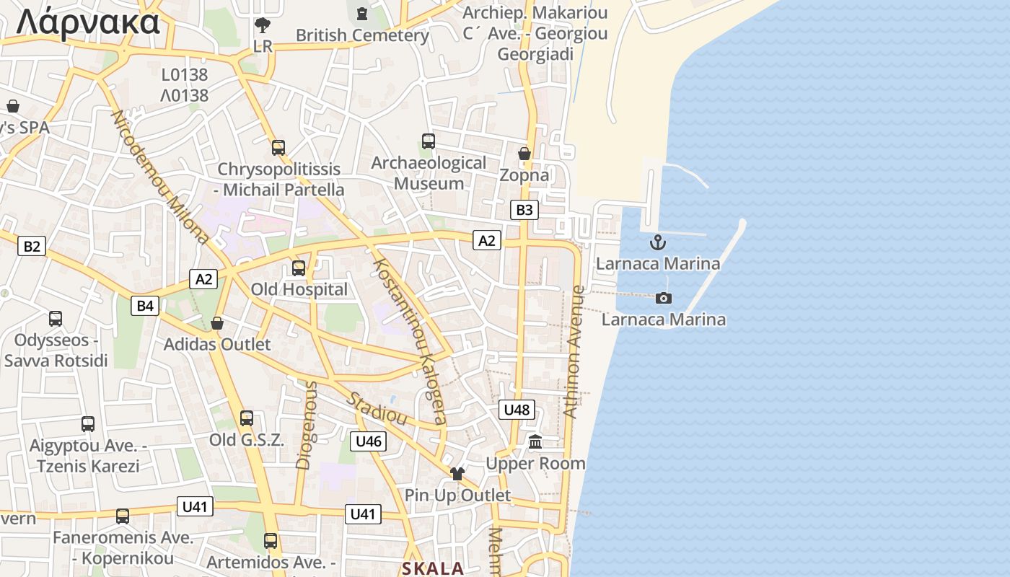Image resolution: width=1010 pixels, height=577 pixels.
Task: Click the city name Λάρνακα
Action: [88, 22]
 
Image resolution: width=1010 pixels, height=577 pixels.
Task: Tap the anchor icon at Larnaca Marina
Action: [657, 242]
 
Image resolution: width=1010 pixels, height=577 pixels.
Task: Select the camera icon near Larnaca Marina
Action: [664, 298]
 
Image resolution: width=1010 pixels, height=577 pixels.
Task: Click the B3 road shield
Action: [524, 210]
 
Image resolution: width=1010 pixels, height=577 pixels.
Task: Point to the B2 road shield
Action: [32, 246]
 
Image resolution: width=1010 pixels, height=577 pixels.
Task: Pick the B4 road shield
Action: [145, 306]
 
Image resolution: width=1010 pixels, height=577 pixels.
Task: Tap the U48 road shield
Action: [517, 410]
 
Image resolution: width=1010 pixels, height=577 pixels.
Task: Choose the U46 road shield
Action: [368, 441]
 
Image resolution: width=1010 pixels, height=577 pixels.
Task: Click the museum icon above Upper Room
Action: [535, 441]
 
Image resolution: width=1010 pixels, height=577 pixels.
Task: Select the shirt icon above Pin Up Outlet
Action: [457, 474]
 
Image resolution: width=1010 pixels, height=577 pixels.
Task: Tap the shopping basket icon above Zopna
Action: [524, 154]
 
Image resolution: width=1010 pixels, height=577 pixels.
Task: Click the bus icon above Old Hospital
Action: [299, 268]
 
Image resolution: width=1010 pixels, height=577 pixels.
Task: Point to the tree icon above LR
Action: [263, 25]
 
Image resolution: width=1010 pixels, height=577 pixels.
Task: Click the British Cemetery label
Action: [362, 35]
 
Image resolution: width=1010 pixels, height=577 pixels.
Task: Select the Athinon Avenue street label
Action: [574, 352]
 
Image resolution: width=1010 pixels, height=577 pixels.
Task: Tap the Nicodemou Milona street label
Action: [160, 177]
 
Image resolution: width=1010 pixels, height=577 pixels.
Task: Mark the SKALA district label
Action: [433, 568]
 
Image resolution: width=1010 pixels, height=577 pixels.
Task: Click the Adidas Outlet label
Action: [217, 344]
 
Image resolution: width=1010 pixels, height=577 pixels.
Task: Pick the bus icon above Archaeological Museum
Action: [429, 141]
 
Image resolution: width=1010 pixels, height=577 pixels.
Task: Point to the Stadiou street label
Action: [377, 408]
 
